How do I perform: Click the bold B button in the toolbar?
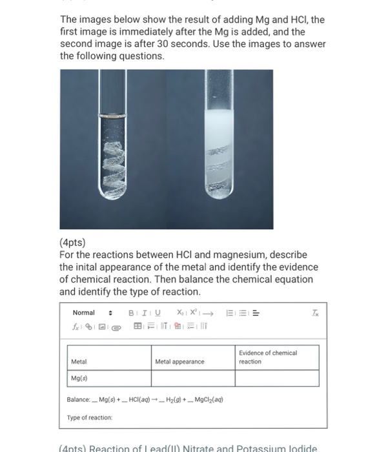click(x=132, y=313)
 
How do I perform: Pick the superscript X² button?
click(x=196, y=313)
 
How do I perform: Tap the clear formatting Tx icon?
click(x=315, y=313)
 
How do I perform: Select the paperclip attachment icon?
click(x=116, y=327)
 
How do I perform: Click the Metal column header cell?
click(x=108, y=357)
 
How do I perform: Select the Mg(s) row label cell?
click(x=108, y=378)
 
